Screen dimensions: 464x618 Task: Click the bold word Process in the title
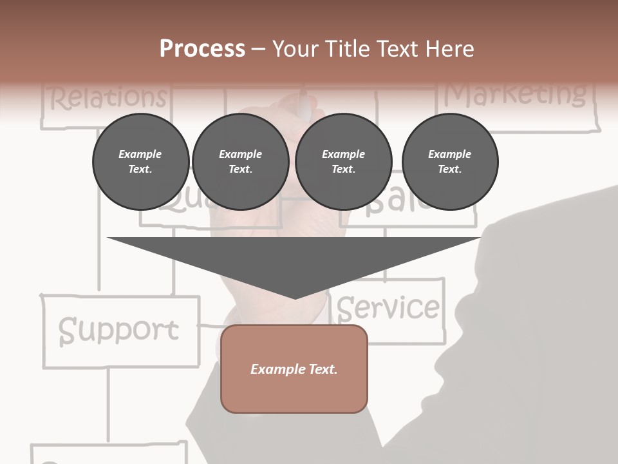202,49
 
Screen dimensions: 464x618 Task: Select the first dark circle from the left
140,161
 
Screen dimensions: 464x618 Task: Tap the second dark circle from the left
240,161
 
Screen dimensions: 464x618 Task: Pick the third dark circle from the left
343,161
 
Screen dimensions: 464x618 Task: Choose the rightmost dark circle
449,161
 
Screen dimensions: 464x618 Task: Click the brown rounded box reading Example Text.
294,369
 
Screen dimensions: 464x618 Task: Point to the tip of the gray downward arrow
295,297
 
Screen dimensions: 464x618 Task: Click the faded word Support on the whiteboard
118,330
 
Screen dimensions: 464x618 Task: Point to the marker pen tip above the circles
303,103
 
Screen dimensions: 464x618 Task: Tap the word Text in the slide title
398,49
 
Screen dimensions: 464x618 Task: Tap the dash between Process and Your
258,49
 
